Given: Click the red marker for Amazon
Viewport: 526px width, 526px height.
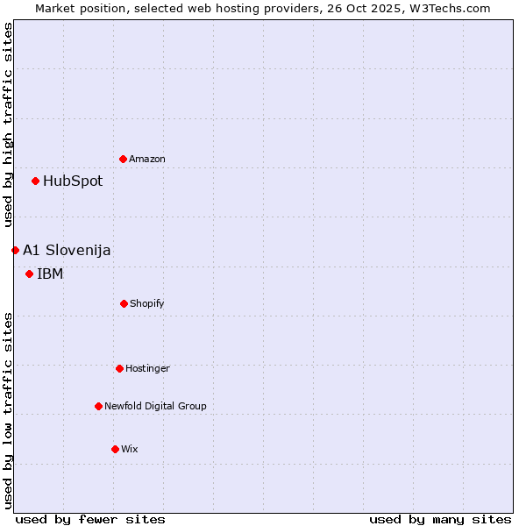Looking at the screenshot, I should pos(124,159).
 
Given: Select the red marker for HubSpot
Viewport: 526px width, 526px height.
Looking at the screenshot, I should pos(36,181).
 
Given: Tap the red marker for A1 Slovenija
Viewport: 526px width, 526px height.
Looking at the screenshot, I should pos(15,251).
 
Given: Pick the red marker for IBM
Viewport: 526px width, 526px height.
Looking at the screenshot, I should pos(30,274).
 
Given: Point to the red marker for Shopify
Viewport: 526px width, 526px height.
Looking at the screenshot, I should pos(124,303).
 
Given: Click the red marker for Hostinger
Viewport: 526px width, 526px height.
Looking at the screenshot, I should pos(119,368).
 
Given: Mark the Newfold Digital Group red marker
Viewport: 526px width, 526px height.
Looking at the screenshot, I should pos(98,406).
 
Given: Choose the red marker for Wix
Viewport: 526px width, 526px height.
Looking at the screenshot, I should pos(115,449).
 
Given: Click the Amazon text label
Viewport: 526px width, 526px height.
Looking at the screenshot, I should pos(147,159).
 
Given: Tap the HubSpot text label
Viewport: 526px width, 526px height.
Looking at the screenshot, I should pos(73,181).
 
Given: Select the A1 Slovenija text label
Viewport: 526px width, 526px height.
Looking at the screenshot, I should pos(67,251).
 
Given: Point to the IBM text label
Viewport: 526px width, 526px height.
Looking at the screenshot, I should pos(50,274).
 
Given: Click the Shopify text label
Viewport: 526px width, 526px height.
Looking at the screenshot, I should pos(147,303).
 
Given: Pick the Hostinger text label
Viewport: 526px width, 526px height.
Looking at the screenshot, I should pos(147,368).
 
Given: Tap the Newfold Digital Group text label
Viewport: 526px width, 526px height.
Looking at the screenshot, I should pos(155,406).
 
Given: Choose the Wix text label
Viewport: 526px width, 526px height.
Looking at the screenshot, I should pos(130,449).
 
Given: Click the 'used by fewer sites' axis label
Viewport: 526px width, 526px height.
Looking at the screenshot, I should pos(90,519).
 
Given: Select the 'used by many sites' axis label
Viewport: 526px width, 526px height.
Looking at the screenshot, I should pos(440,519).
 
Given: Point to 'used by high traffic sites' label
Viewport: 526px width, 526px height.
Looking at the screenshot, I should pos(9,125).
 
